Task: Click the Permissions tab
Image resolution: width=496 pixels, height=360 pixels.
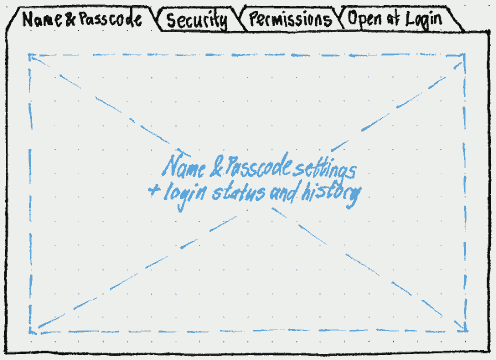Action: click(x=290, y=20)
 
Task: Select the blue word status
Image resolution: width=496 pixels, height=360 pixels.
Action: click(x=242, y=193)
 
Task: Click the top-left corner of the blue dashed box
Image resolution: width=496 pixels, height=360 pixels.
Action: click(x=31, y=55)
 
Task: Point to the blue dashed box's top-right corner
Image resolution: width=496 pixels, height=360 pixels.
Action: click(x=464, y=55)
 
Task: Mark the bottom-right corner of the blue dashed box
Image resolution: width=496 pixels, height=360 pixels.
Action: click(x=464, y=332)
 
